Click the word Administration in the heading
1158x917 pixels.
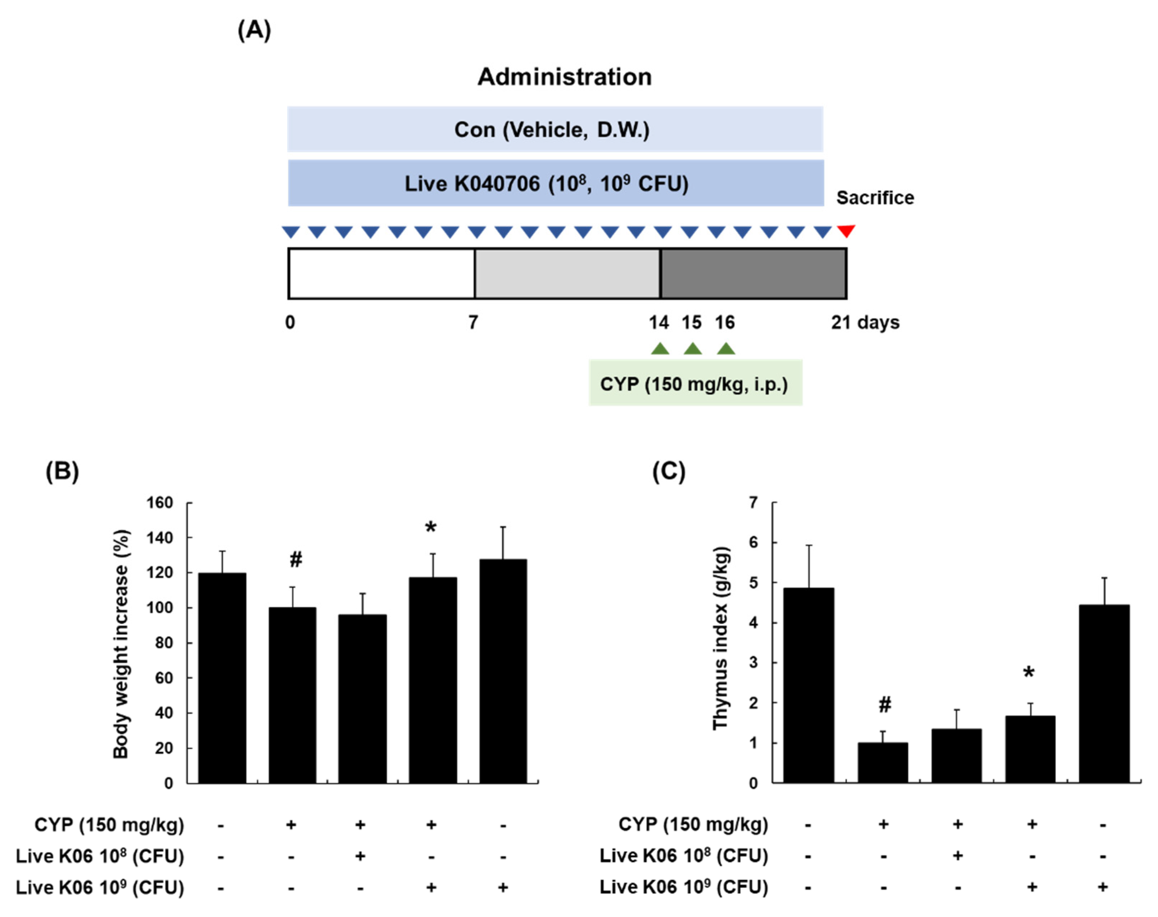[x=564, y=77]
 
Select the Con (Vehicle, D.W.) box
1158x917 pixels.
[x=555, y=129]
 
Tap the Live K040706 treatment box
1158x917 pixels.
[x=556, y=183]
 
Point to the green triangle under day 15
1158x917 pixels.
[x=692, y=349]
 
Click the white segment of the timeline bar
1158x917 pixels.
[x=381, y=273]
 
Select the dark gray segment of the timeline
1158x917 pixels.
[x=753, y=273]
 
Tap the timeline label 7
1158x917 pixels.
[x=472, y=322]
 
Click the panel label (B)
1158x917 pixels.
[x=62, y=471]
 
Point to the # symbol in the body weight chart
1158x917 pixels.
[x=295, y=560]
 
